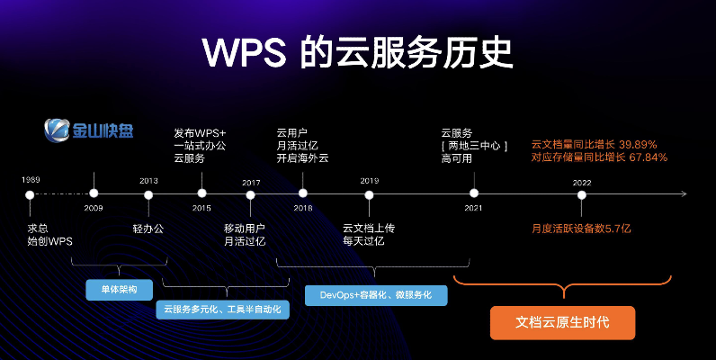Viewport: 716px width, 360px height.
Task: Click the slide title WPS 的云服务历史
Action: [357, 52]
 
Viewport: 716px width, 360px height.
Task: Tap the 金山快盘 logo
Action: [90, 130]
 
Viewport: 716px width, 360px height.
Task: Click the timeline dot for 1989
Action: [30, 193]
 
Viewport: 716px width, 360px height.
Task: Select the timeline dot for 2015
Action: [201, 193]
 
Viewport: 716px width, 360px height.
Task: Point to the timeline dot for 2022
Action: [582, 193]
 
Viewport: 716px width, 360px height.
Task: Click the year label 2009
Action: [94, 208]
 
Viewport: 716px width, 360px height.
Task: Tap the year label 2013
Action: [148, 181]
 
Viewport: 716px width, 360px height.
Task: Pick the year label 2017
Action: [251, 183]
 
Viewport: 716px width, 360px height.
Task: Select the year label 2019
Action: [369, 181]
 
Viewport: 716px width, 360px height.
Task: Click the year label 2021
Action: [473, 208]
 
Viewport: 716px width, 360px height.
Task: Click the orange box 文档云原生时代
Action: [562, 322]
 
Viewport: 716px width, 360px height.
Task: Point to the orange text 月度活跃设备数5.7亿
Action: [581, 229]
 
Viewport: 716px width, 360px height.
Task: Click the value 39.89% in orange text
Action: [638, 144]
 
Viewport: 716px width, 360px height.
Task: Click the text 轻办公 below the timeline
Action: [148, 229]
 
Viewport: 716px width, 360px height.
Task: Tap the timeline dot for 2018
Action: [303, 193]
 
